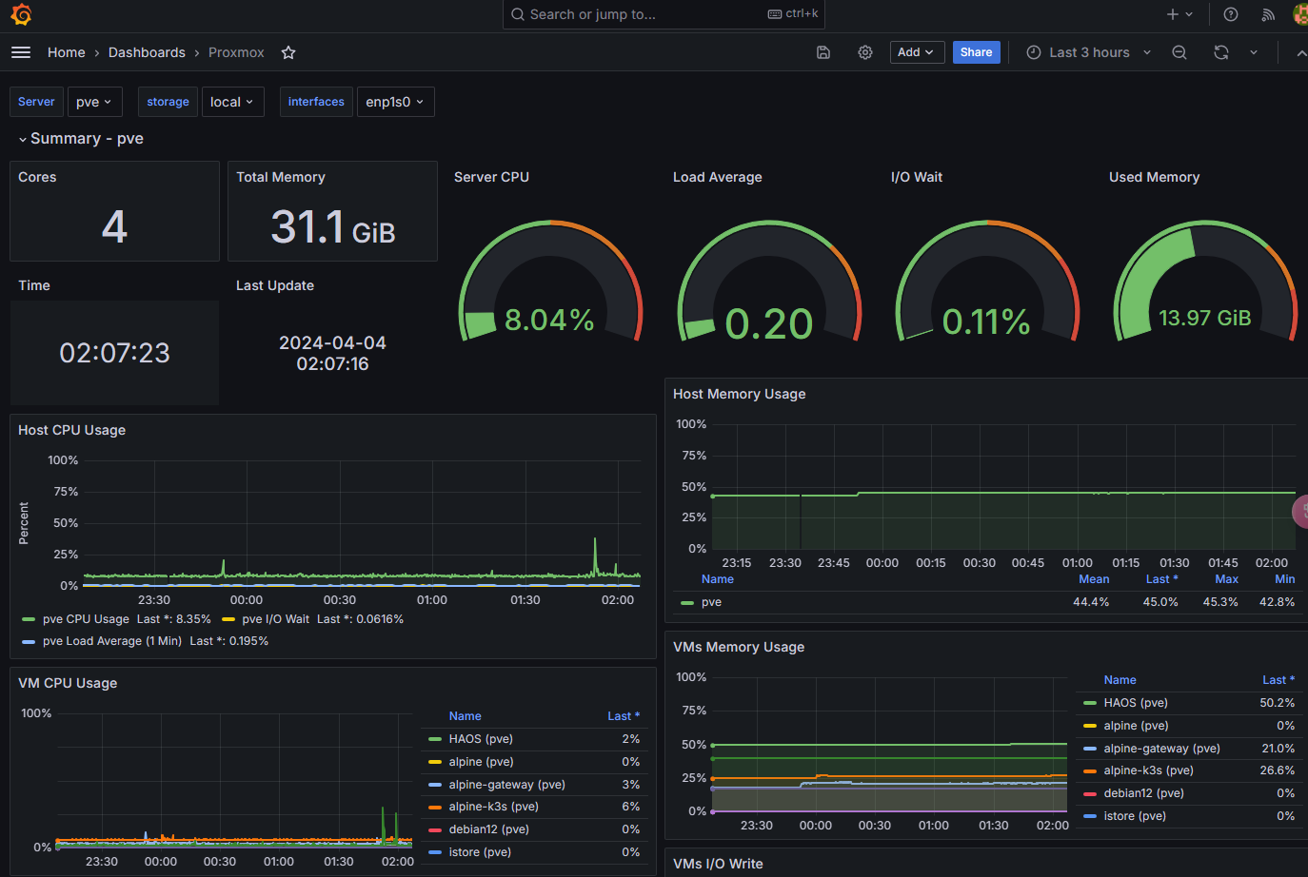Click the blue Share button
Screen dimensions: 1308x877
point(976,52)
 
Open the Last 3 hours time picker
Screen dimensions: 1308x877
point(1089,52)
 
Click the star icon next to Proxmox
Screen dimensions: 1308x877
point(288,52)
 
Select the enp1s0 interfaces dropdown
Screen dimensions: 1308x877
point(395,102)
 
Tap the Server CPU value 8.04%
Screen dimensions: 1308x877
point(549,320)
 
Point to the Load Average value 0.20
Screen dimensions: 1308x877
point(768,323)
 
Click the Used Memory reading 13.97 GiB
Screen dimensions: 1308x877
point(1204,318)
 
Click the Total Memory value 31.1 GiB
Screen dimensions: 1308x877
point(333,227)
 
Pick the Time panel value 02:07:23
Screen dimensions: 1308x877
point(114,353)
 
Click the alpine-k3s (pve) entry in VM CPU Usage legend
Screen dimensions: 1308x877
point(493,807)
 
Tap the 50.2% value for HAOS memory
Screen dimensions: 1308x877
point(1277,703)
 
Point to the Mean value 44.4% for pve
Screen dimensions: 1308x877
point(1091,601)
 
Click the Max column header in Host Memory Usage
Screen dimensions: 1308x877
point(1226,579)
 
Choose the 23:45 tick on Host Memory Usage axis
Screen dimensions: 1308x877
point(833,563)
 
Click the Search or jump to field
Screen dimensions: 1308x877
point(664,14)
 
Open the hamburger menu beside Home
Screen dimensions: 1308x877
point(21,52)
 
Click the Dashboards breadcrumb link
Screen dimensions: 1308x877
point(147,52)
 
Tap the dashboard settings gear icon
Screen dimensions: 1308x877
point(864,52)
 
